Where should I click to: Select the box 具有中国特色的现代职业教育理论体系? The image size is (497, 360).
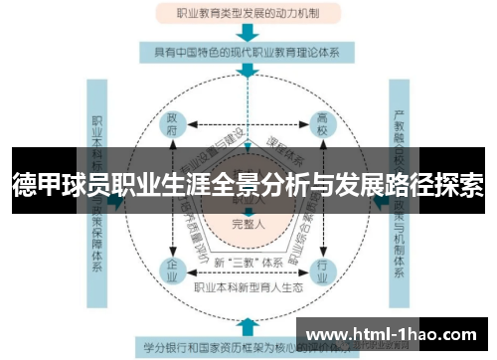click(x=248, y=52)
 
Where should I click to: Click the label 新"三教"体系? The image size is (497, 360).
click(x=248, y=264)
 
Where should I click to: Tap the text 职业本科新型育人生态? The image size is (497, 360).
click(x=248, y=287)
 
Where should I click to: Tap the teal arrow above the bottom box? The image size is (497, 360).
click(x=248, y=326)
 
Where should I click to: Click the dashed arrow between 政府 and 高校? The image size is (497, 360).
click(x=248, y=125)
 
